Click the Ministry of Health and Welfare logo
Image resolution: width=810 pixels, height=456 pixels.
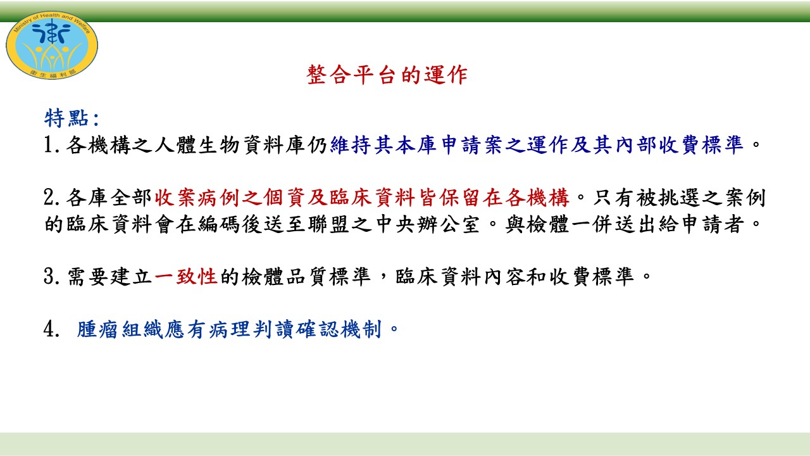click(x=52, y=45)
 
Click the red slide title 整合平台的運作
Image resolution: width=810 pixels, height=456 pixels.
click(x=387, y=75)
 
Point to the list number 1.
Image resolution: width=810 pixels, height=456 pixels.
click(x=52, y=145)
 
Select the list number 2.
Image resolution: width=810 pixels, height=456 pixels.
click(x=52, y=198)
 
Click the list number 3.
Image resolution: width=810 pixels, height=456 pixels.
click(x=52, y=277)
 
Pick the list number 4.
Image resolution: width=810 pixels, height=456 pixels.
click(x=52, y=329)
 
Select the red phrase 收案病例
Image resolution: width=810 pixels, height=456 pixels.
click(x=197, y=198)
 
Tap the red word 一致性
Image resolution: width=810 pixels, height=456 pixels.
click(x=186, y=277)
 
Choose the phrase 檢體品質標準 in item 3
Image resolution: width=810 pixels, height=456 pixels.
click(x=306, y=277)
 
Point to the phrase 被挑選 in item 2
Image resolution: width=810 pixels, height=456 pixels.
click(x=668, y=198)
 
